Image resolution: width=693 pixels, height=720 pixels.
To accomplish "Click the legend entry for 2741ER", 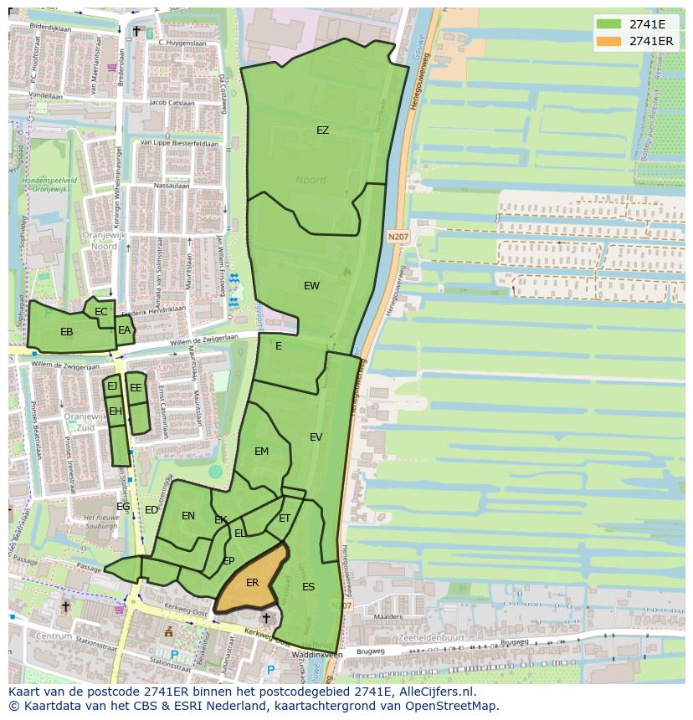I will tap(650, 41).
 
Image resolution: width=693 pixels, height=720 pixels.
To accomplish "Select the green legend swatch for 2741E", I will tap(608, 24).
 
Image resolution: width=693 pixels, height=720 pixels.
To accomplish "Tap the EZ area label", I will tap(322, 130).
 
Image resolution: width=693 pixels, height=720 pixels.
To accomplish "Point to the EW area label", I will tap(311, 286).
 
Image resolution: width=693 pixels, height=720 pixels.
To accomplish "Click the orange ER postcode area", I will tap(252, 582).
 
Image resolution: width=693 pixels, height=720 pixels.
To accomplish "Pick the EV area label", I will tap(316, 437).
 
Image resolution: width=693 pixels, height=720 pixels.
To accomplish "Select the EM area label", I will tap(261, 452).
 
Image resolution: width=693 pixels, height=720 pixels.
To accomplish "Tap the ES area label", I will tap(308, 587).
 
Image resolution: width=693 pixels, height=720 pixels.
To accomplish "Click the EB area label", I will tap(66, 332).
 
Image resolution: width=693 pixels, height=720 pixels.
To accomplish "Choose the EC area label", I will tap(101, 312).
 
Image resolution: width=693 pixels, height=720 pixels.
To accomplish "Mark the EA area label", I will tap(124, 330).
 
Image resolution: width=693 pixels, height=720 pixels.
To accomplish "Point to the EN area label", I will tap(188, 516).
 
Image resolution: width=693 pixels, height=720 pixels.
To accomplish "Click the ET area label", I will tap(285, 518).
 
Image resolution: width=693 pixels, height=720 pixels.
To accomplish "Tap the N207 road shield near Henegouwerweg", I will tap(398, 237).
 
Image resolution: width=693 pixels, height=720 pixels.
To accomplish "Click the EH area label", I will tap(116, 411).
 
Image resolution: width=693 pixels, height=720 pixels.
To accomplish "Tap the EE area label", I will tap(136, 388).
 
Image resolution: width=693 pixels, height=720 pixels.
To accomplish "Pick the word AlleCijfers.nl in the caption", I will tap(434, 692).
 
